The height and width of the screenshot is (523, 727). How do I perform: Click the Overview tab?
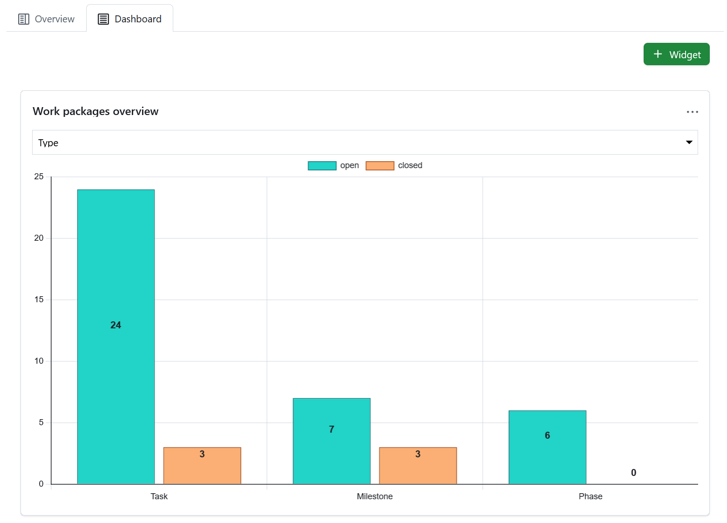tap(46, 19)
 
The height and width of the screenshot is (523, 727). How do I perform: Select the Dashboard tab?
tap(129, 19)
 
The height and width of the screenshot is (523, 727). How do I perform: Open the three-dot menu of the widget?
tap(692, 112)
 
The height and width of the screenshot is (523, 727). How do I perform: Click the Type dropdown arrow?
tap(689, 143)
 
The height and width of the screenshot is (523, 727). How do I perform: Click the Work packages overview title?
tap(95, 111)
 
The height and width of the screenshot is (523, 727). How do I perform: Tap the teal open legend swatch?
tap(322, 166)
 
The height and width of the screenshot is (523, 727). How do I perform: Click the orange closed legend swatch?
tap(380, 166)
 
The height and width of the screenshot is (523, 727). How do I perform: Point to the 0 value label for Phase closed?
tap(633, 473)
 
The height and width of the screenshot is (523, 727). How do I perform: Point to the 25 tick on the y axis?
tap(39, 177)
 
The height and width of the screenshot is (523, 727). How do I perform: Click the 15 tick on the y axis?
tap(39, 299)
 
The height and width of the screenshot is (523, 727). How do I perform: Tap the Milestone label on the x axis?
tap(374, 496)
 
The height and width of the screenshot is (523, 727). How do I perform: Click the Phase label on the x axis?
tap(590, 496)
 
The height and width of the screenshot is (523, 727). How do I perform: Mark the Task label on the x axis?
tap(159, 496)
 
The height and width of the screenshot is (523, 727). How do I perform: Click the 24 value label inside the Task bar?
tap(116, 325)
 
